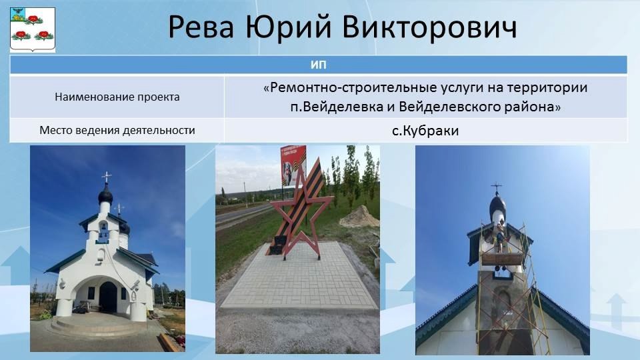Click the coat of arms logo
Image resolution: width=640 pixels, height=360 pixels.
(x=32, y=30)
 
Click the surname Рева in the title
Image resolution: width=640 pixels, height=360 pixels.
(x=201, y=27)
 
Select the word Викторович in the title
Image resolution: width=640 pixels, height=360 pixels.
(x=429, y=27)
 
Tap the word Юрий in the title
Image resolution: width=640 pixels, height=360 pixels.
(x=288, y=27)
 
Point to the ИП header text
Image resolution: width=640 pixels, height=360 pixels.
(x=319, y=65)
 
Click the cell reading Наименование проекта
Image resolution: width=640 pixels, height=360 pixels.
(x=117, y=97)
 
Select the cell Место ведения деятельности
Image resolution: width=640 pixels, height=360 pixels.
(x=117, y=130)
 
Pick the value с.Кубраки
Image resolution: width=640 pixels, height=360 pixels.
(x=425, y=131)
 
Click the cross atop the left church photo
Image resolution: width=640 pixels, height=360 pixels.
(x=106, y=177)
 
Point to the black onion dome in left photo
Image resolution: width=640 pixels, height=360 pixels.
(x=105, y=196)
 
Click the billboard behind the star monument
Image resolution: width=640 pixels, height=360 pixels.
(x=293, y=166)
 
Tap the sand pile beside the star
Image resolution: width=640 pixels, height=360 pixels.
(x=359, y=217)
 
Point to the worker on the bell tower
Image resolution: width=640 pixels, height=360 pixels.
(x=499, y=240)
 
